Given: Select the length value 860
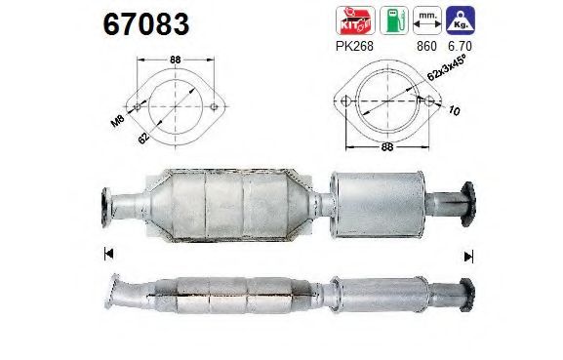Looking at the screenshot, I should tap(426, 45).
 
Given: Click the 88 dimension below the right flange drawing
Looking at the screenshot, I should tap(389, 148).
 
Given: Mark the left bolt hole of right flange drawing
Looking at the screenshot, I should tap(347, 99).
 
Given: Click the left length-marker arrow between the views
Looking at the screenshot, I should tap(107, 256).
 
